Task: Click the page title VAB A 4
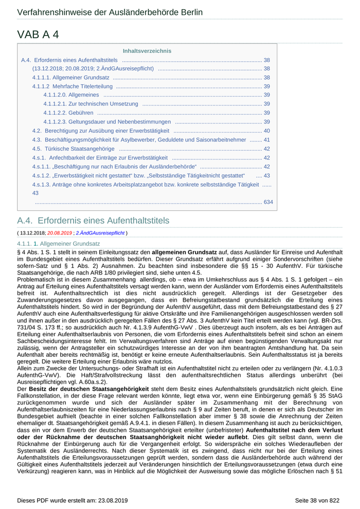[38, 34]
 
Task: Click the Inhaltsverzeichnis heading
[147, 51]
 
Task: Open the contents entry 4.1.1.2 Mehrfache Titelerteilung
[72, 86]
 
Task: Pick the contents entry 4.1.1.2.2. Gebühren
[68, 113]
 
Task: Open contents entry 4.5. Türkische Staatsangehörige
[73, 149]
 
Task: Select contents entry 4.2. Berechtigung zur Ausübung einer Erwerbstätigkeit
[100, 131]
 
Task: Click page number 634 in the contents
[268, 202]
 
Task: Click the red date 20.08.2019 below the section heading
[60, 233]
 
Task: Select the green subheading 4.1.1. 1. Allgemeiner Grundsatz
[58, 243]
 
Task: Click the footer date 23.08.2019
[112, 500]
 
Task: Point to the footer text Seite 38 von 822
[317, 500]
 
